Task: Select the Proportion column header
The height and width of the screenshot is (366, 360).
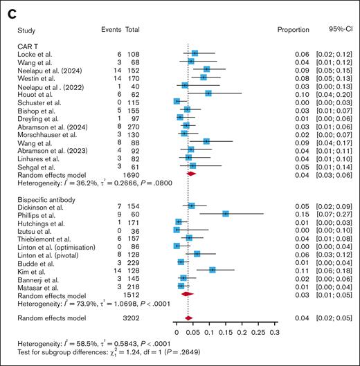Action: (292, 31)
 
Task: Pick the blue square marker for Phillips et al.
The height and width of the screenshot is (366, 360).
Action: (226, 214)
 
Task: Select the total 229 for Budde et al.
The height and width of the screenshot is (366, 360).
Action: (132, 262)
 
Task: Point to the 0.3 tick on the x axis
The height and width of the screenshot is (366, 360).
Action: (275, 333)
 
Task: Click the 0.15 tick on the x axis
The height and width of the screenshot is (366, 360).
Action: (225, 333)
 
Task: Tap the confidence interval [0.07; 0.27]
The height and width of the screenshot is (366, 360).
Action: (335, 214)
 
